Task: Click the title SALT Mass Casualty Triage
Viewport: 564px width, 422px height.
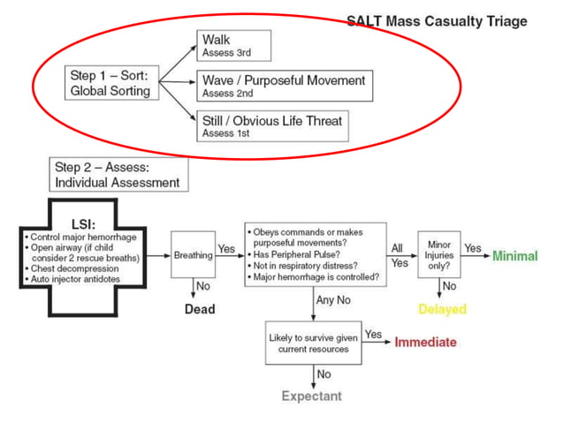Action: pyautogui.click(x=437, y=21)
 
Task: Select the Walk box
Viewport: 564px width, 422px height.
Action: pyautogui.click(x=233, y=45)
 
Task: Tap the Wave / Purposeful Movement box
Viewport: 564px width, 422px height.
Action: pyautogui.click(x=283, y=86)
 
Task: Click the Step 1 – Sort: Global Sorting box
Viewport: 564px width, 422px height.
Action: pyautogui.click(x=111, y=83)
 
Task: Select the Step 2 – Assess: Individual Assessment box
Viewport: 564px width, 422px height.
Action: pyautogui.click(x=118, y=175)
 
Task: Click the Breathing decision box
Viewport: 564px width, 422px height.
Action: pyautogui.click(x=192, y=256)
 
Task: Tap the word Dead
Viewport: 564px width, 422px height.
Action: pyautogui.click(x=199, y=309)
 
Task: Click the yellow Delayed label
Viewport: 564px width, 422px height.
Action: pyautogui.click(x=442, y=310)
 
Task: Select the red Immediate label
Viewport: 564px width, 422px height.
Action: pyautogui.click(x=425, y=343)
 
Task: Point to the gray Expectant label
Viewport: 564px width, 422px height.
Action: pyautogui.click(x=311, y=396)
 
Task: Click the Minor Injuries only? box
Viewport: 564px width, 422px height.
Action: pyautogui.click(x=439, y=255)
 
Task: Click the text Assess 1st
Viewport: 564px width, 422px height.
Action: pyautogui.click(x=226, y=134)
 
